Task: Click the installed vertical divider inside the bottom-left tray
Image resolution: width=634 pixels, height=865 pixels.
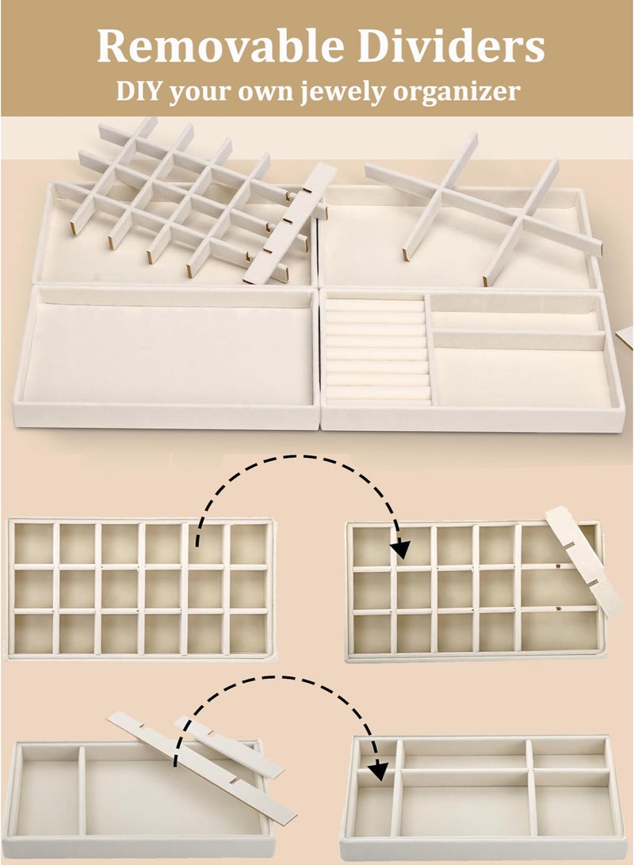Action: point(81,787)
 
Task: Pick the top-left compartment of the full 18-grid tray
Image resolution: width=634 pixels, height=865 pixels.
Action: point(33,543)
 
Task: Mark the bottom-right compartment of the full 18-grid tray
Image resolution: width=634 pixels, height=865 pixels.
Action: point(247,633)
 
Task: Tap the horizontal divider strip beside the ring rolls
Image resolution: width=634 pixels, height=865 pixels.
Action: point(515,340)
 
